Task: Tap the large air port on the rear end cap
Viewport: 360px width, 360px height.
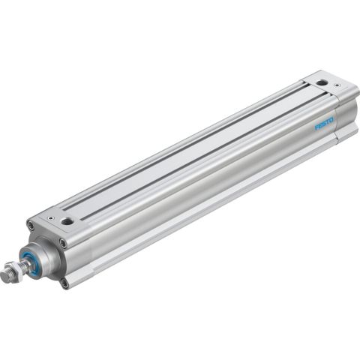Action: [321, 82]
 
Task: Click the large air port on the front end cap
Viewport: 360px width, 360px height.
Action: [68, 221]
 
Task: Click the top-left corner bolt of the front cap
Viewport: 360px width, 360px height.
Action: [31, 224]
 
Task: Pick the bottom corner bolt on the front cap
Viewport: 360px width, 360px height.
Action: [65, 283]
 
